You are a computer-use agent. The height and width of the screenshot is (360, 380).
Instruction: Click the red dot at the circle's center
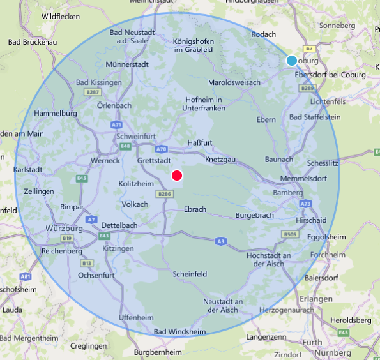coord(178,176)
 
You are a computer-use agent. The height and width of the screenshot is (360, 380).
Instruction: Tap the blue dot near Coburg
coord(292,61)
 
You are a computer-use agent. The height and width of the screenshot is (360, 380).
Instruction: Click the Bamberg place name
coord(287,193)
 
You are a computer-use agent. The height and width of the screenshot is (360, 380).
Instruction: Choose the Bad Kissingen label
coord(99,82)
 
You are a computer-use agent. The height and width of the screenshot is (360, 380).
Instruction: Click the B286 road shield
coord(165,194)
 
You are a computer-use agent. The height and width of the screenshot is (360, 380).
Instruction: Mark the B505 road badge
coord(291,235)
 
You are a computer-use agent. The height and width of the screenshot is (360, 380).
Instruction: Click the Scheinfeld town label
coord(190,274)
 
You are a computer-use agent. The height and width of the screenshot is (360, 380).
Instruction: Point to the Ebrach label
coord(195,209)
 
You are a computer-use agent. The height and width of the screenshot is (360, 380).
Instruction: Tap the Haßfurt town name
coord(200,142)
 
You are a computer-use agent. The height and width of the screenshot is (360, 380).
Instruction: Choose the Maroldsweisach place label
coord(234,82)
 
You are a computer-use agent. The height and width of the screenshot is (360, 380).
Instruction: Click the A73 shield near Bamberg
coord(305,204)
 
